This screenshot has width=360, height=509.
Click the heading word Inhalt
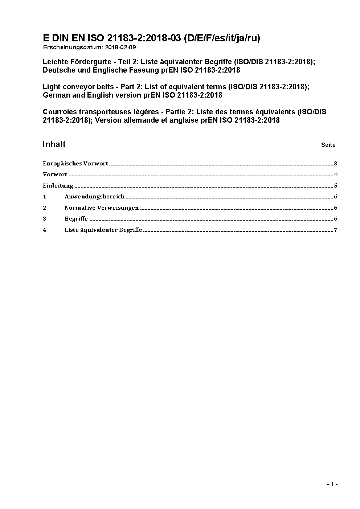tap(54, 144)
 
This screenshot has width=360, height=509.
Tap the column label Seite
tap(328, 145)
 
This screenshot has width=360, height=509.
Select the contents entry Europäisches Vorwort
tap(75, 164)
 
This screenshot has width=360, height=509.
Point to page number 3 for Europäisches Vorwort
tap(336, 164)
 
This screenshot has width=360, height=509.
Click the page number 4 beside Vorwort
tap(336, 175)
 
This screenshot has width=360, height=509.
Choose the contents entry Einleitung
tap(58, 186)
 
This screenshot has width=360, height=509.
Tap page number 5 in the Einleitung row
tap(336, 186)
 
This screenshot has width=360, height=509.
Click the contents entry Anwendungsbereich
tap(94, 197)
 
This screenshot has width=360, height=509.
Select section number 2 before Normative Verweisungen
tap(45, 208)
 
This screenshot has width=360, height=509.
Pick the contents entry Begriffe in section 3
tap(76, 219)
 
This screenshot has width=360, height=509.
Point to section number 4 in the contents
tap(45, 230)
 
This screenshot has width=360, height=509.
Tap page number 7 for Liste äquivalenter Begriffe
tap(336, 230)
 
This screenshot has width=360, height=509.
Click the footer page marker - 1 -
tap(332, 484)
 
